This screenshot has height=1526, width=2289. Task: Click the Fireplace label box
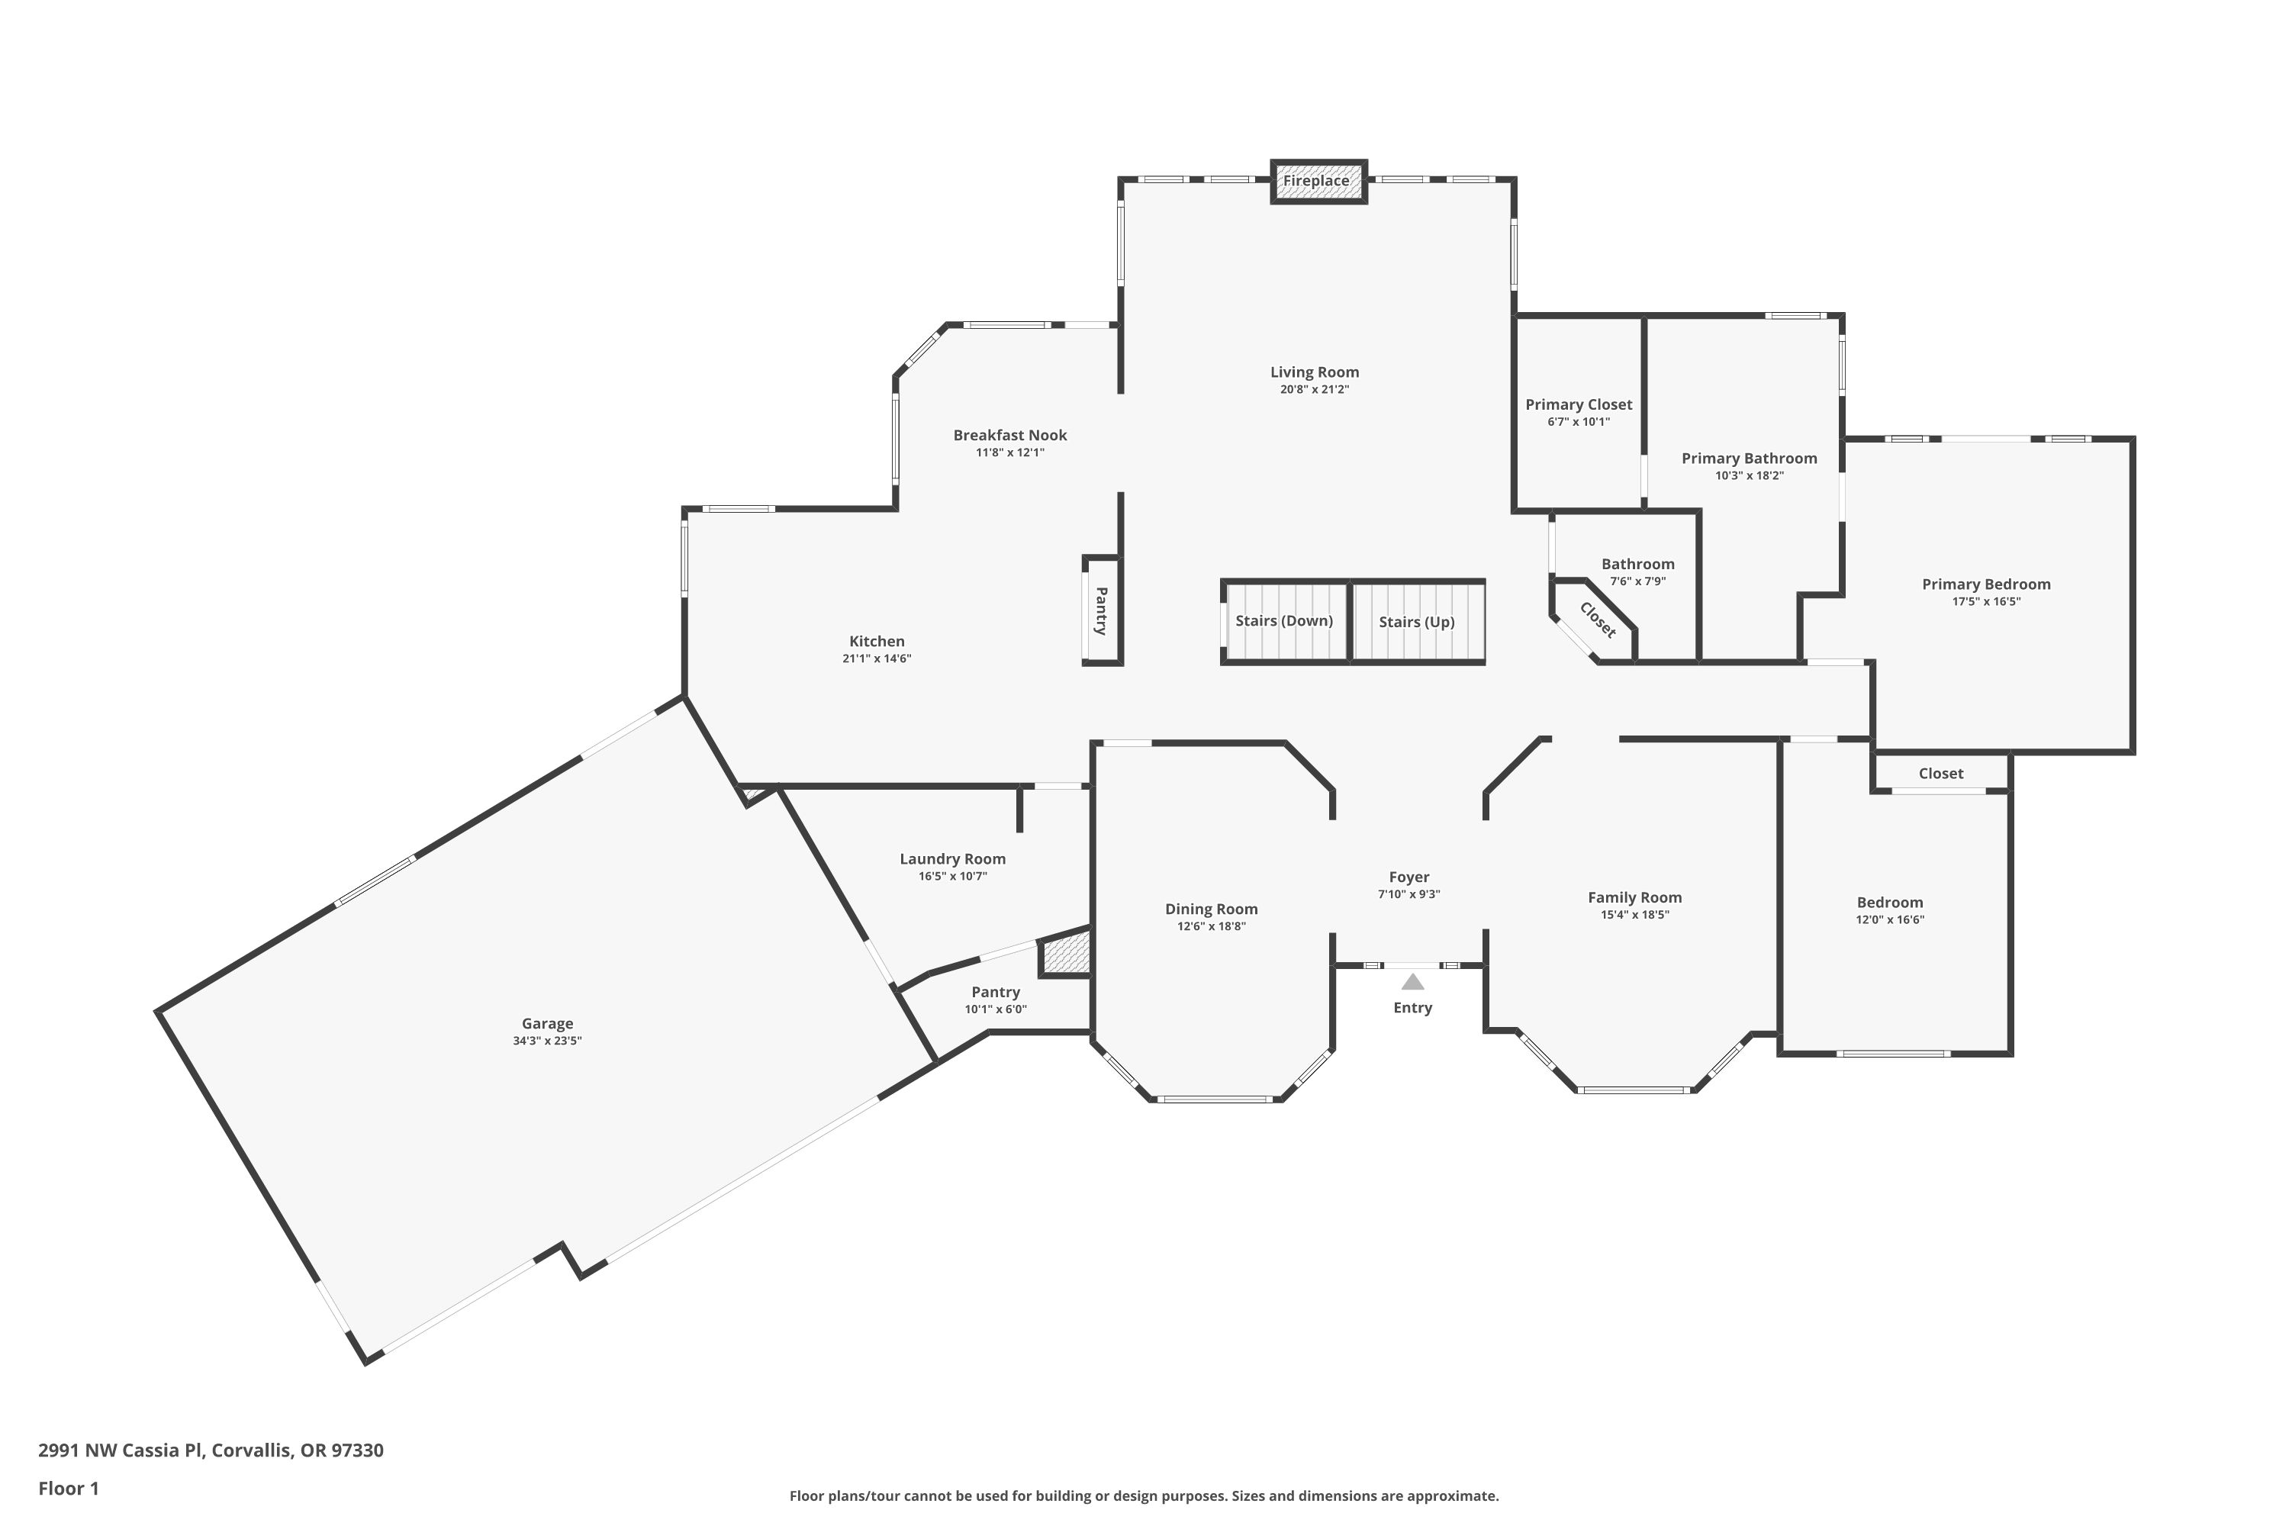[1318, 182]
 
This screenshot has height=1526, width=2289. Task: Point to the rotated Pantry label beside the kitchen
[1102, 611]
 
